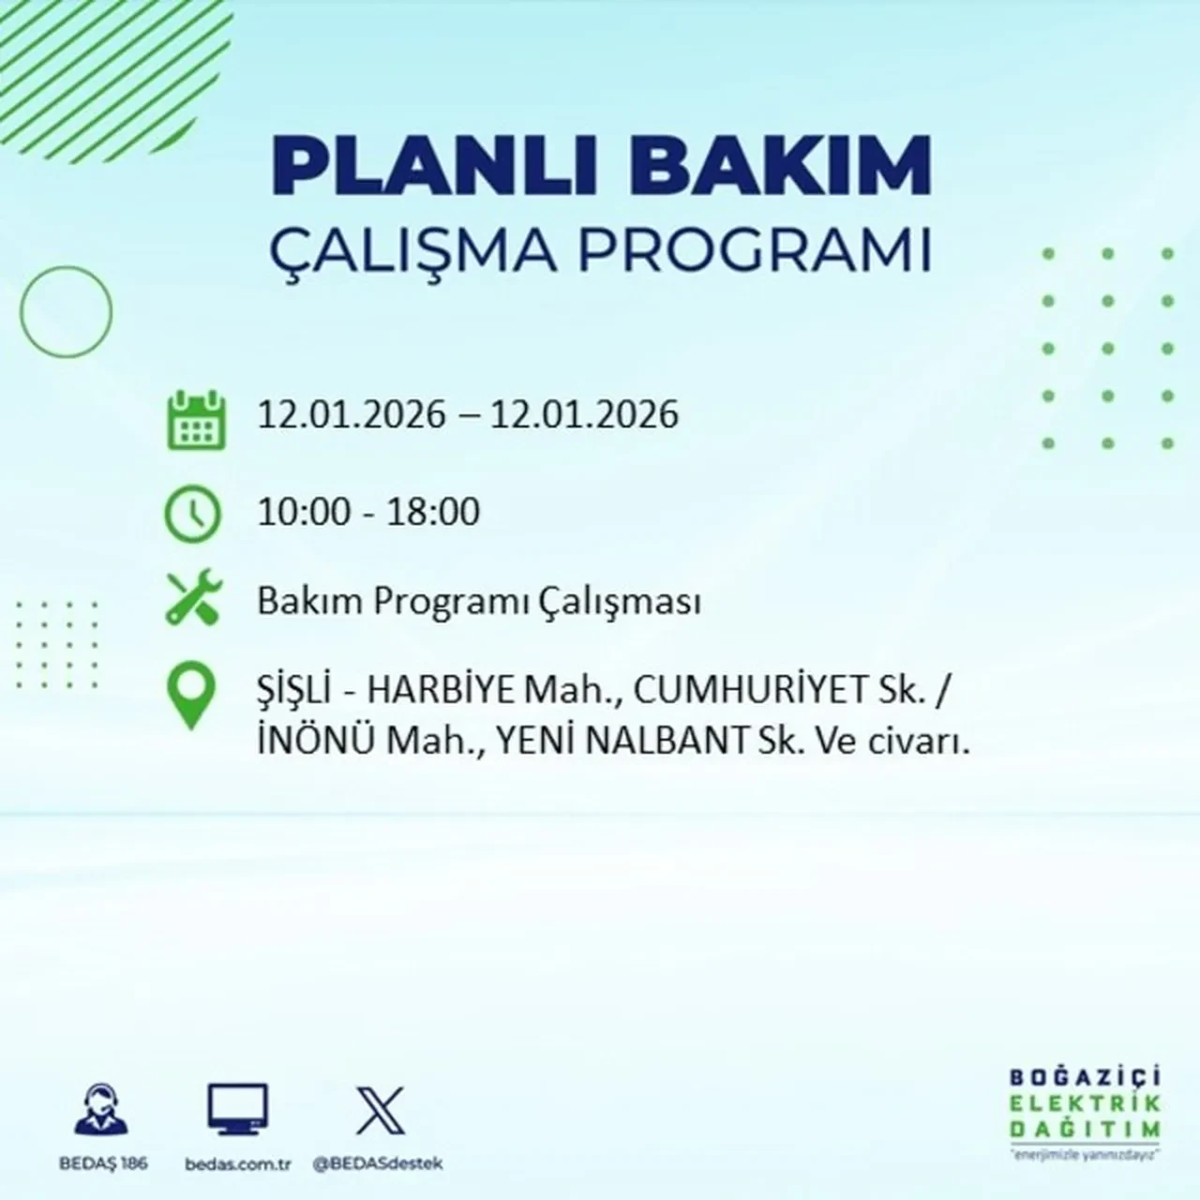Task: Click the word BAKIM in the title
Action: (x=777, y=168)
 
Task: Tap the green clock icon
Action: (x=193, y=514)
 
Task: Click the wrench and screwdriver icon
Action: (x=193, y=599)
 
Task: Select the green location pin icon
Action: (x=190, y=696)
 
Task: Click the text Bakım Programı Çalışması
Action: (x=479, y=602)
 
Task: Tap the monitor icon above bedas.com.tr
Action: (x=238, y=1110)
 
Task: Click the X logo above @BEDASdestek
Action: (x=381, y=1110)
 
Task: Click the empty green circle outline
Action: (x=66, y=311)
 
